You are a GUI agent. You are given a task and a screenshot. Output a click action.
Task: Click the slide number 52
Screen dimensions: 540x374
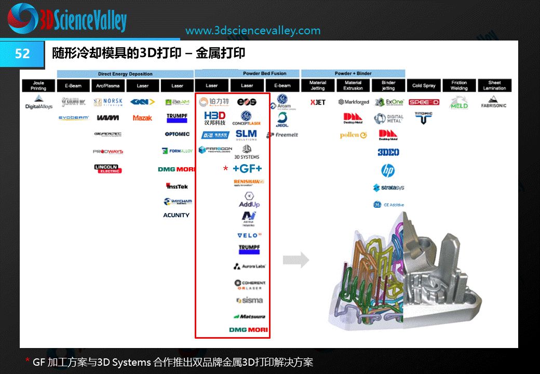tap(22, 54)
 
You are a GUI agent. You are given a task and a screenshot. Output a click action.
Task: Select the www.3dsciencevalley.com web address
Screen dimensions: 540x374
tap(253, 31)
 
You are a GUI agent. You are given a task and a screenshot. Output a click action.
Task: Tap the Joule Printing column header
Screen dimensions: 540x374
tap(38, 85)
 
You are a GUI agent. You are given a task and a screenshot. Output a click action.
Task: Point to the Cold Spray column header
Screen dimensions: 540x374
tap(424, 85)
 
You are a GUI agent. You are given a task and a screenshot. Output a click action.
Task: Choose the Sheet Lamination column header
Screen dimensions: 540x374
tap(494, 85)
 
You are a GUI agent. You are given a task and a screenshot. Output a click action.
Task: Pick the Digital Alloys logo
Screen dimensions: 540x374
tap(39, 102)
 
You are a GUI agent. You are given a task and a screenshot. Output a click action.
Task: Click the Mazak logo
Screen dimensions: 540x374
tap(142, 118)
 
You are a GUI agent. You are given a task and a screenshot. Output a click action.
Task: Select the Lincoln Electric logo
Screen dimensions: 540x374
tap(107, 168)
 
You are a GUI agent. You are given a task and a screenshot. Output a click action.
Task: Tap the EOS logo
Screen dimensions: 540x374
tap(247, 101)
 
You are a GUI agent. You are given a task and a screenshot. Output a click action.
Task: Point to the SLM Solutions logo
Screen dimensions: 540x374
tap(246, 135)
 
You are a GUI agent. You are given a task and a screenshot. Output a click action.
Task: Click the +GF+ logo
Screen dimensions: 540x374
tap(247, 169)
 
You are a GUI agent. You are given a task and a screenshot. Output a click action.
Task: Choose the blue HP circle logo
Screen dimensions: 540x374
tap(388, 170)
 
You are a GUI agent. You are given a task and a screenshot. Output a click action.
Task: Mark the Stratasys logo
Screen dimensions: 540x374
tap(388, 188)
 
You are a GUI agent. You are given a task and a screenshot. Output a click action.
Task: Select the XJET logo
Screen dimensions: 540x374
tap(318, 102)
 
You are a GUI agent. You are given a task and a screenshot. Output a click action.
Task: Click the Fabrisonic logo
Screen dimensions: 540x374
tap(494, 103)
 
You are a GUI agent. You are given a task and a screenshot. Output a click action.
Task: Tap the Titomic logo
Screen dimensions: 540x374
tap(424, 117)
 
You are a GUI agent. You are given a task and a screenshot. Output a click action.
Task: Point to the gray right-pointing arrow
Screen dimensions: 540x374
tap(295, 260)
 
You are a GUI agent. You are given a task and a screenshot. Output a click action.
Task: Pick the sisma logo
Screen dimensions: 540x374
tap(250, 300)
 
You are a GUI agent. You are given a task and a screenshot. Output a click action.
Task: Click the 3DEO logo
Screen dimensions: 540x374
tap(388, 152)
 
